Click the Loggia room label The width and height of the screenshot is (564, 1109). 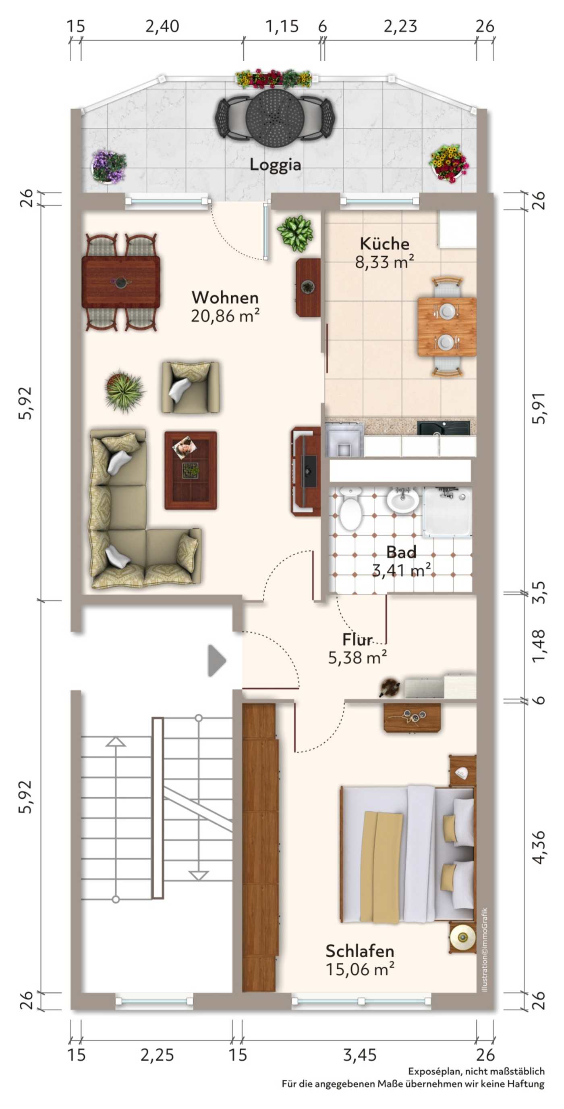(x=275, y=165)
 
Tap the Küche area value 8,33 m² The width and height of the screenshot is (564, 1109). (x=384, y=261)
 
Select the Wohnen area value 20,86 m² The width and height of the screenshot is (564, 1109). (x=225, y=316)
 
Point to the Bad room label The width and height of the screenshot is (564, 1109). (x=401, y=552)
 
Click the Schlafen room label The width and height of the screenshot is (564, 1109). (x=360, y=951)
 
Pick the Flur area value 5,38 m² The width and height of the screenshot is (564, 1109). (x=357, y=657)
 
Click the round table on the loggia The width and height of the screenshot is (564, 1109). (x=276, y=117)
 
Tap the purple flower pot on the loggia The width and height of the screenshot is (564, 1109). (x=108, y=166)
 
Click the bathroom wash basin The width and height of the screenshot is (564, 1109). (x=402, y=500)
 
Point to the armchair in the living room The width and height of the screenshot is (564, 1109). (x=190, y=387)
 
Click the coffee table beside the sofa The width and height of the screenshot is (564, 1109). (x=191, y=471)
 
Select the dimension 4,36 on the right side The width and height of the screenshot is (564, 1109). (x=539, y=847)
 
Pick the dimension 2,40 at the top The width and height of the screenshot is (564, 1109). (x=162, y=26)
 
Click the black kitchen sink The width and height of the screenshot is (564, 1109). (x=444, y=428)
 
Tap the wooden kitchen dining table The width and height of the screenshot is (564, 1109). (x=447, y=326)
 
